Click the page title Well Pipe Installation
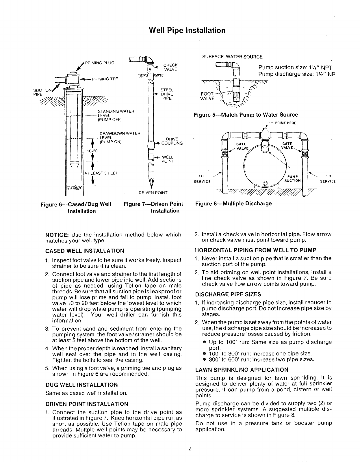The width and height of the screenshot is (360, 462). [187, 30]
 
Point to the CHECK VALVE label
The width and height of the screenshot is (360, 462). [170, 67]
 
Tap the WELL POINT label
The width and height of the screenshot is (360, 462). [168, 159]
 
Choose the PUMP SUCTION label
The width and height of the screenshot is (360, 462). [293, 178]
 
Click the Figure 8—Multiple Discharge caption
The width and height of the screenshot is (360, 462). [233, 203]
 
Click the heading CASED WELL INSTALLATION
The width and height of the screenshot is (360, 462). [85, 251]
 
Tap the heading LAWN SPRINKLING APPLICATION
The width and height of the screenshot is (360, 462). [242, 370]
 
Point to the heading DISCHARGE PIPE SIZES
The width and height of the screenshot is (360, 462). [228, 294]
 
